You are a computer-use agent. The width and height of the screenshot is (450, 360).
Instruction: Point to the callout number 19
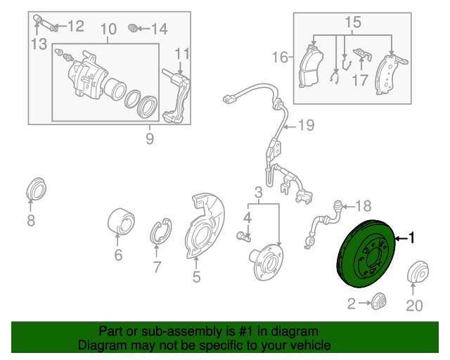(x=304, y=127)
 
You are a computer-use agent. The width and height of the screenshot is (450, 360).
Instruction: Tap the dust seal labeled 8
(x=33, y=190)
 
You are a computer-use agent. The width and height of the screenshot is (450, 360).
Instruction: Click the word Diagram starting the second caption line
(x=101, y=346)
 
